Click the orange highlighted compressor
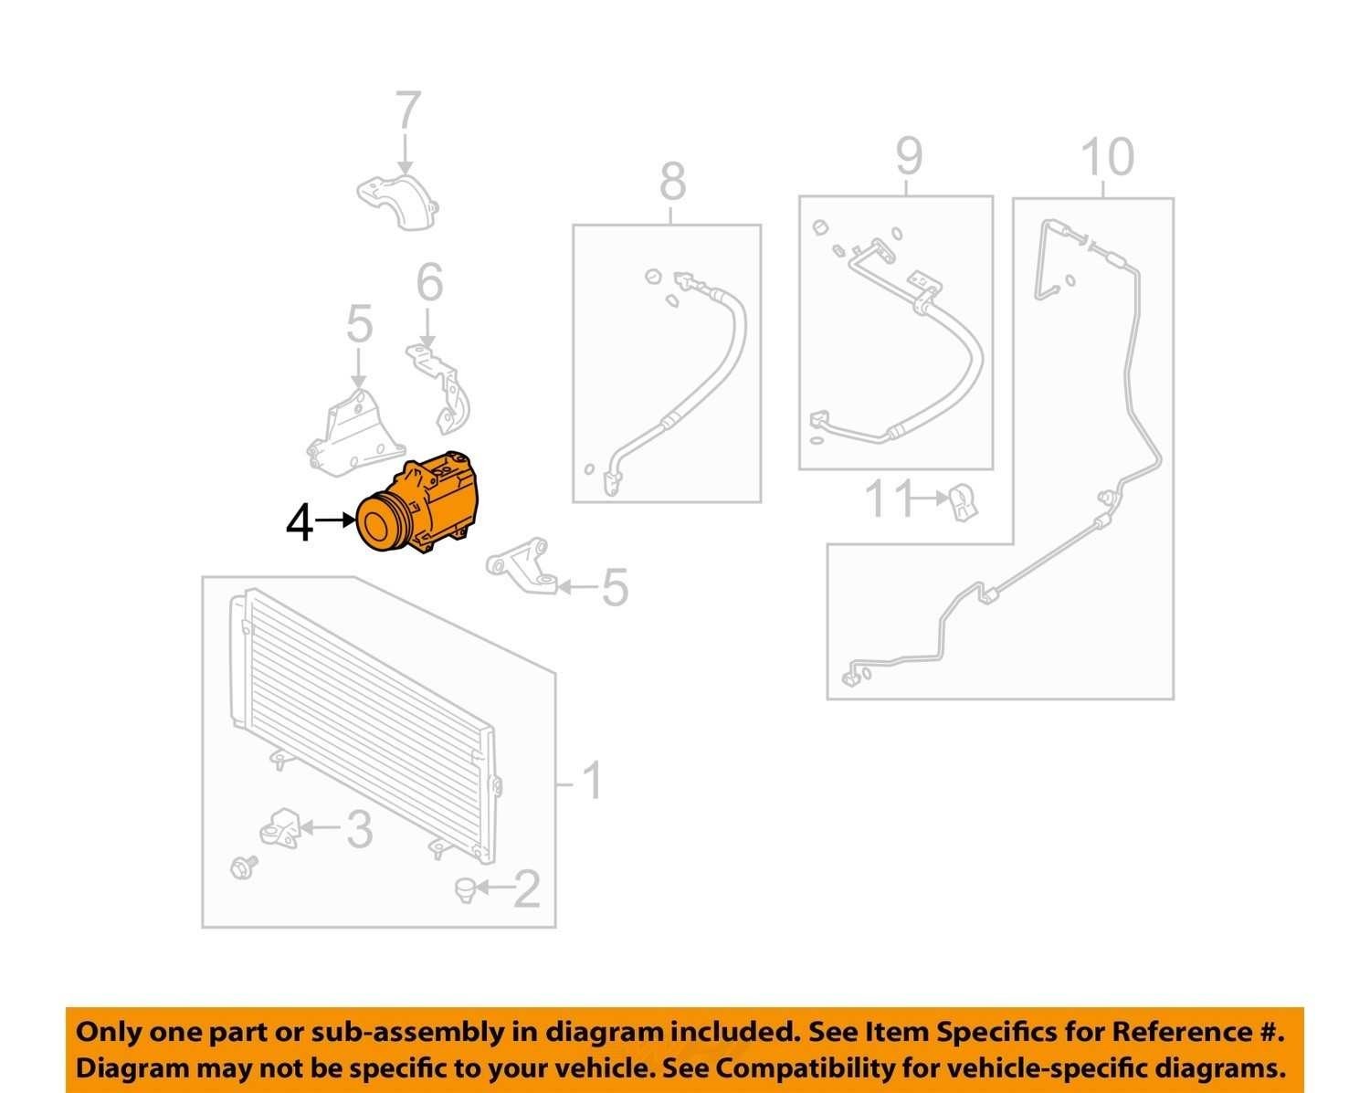tap(417, 501)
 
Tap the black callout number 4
tap(300, 524)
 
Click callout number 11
tap(888, 499)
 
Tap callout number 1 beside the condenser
tap(592, 781)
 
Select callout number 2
tap(526, 888)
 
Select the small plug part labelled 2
tap(466, 889)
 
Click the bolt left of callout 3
tap(244, 867)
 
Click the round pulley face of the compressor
tap(380, 523)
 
